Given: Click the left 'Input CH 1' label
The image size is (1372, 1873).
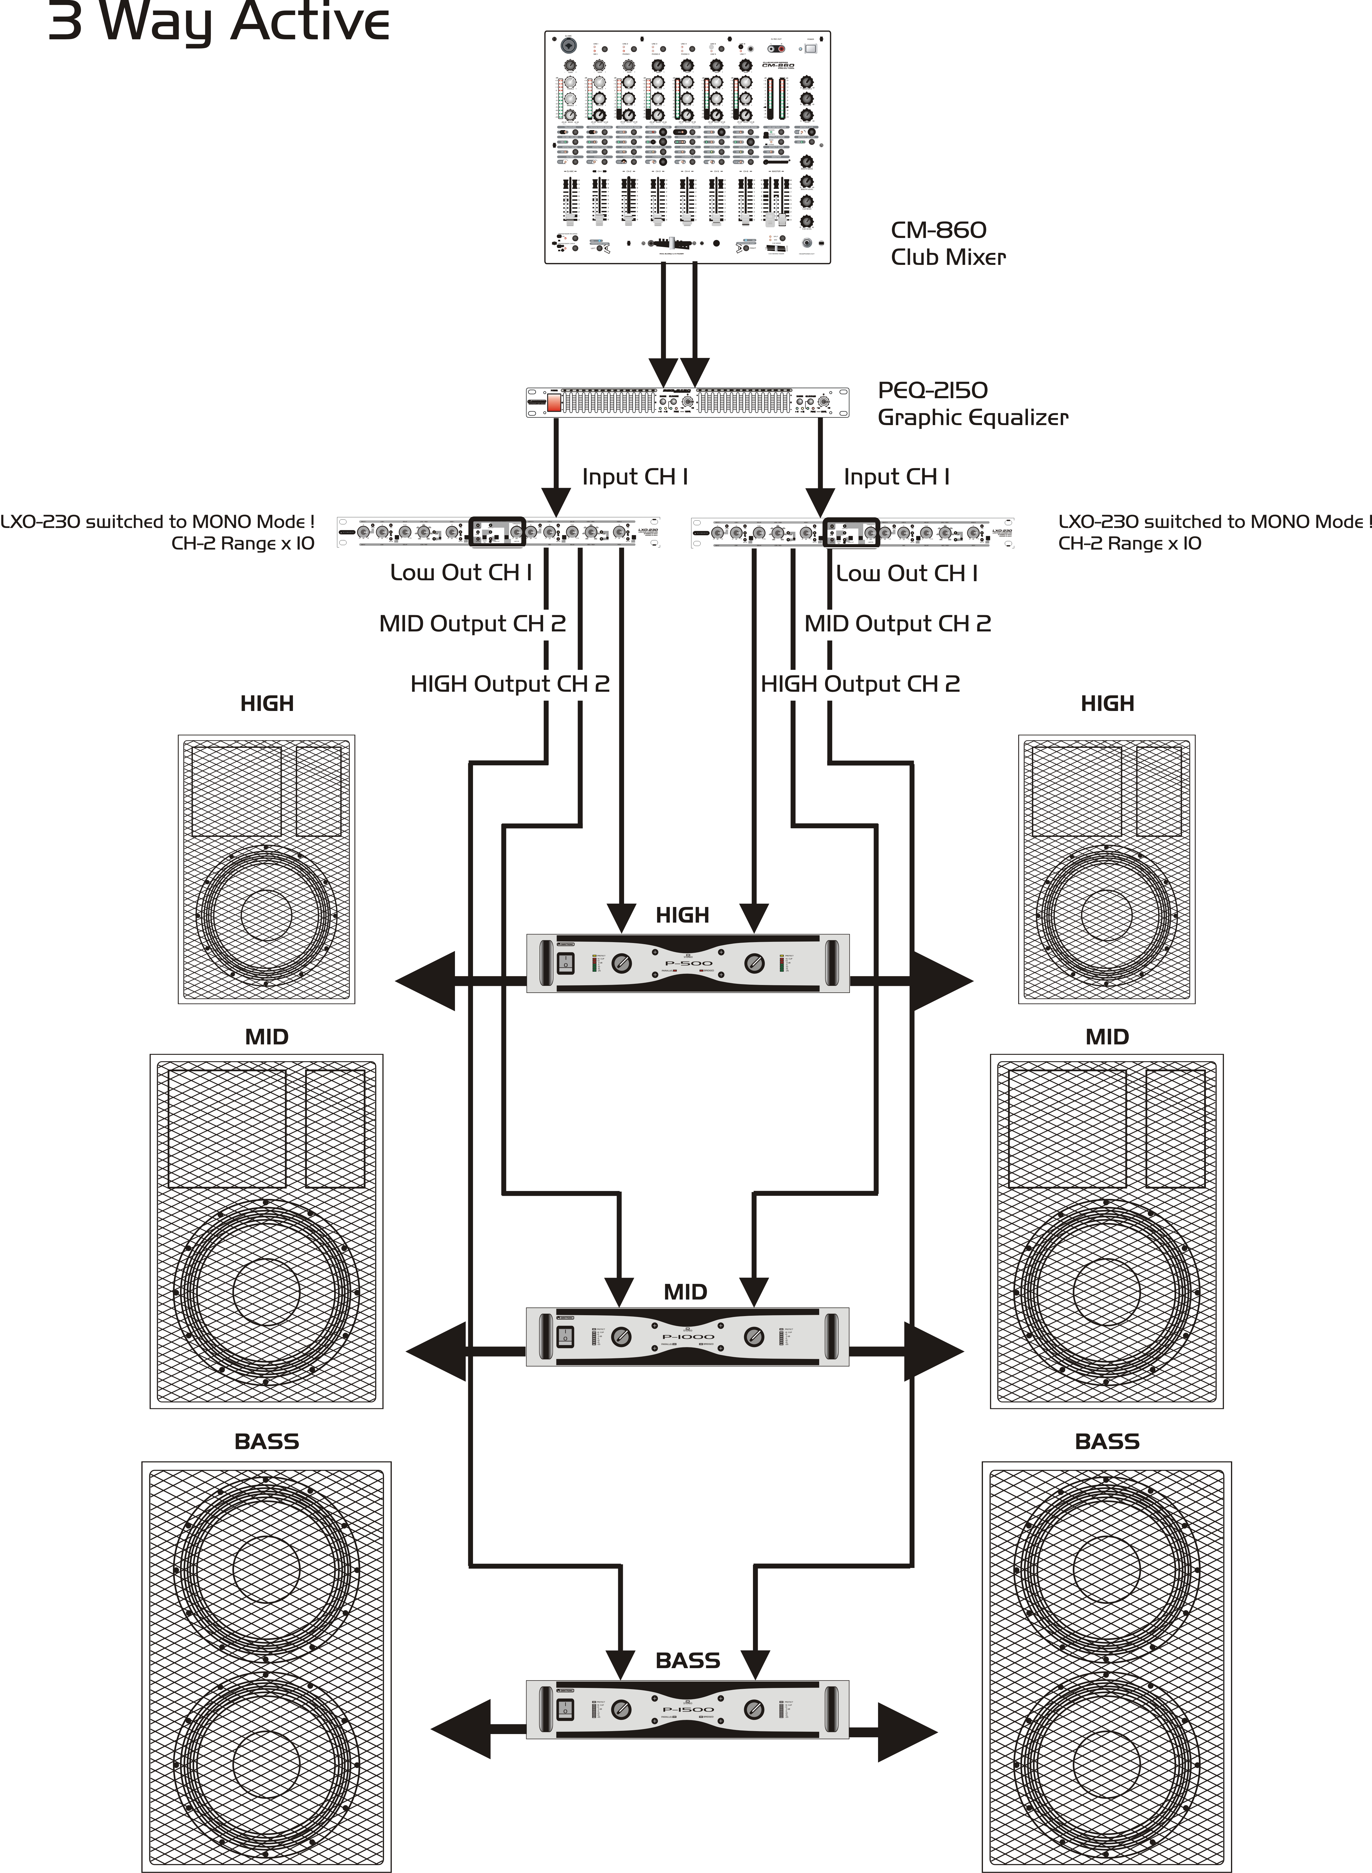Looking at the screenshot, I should (634, 477).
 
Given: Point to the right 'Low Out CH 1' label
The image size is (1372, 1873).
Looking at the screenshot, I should (906, 573).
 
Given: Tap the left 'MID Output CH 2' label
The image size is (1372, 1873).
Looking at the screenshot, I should (472, 623).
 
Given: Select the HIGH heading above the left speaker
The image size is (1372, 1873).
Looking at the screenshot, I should (267, 703).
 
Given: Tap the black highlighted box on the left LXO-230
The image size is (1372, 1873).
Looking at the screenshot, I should (498, 532).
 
